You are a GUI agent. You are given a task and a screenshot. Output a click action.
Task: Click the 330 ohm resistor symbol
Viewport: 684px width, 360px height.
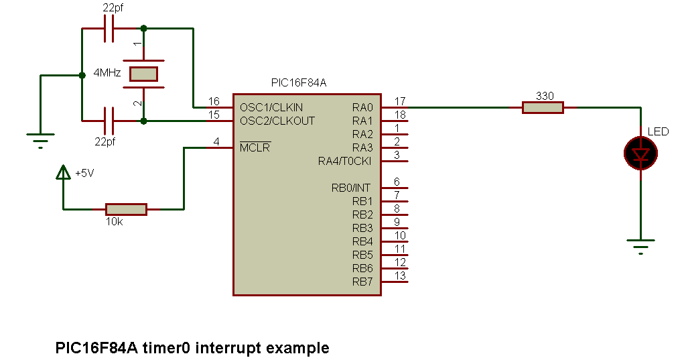(x=543, y=107)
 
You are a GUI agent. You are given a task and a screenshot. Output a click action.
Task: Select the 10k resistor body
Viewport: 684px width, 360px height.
(x=126, y=209)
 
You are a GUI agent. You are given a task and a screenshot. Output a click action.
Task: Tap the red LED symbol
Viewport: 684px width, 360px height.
(x=641, y=154)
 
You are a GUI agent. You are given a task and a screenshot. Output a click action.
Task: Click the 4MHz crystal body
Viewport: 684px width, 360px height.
(x=143, y=74)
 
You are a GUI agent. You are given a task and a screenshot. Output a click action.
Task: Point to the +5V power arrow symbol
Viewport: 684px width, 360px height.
(x=64, y=173)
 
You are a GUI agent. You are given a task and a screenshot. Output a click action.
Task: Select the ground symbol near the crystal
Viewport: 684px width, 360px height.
(x=40, y=139)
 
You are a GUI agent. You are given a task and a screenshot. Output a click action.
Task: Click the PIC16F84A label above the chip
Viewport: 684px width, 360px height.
(x=299, y=82)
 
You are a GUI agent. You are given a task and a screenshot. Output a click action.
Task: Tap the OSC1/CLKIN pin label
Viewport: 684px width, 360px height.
(x=271, y=107)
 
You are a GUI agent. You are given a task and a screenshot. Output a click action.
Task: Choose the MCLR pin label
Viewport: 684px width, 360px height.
(x=255, y=147)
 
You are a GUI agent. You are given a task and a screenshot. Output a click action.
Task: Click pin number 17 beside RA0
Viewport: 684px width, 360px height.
(x=400, y=101)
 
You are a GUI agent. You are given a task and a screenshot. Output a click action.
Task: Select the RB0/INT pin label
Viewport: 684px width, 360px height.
(x=352, y=188)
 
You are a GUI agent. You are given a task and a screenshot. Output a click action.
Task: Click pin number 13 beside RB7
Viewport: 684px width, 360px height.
(x=400, y=276)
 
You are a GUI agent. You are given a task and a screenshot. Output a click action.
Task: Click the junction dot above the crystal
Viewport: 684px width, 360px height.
(x=143, y=29)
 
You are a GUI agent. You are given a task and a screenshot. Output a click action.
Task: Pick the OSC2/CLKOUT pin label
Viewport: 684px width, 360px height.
(x=277, y=121)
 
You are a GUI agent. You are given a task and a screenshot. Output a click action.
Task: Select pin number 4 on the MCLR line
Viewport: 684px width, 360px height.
(x=216, y=141)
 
